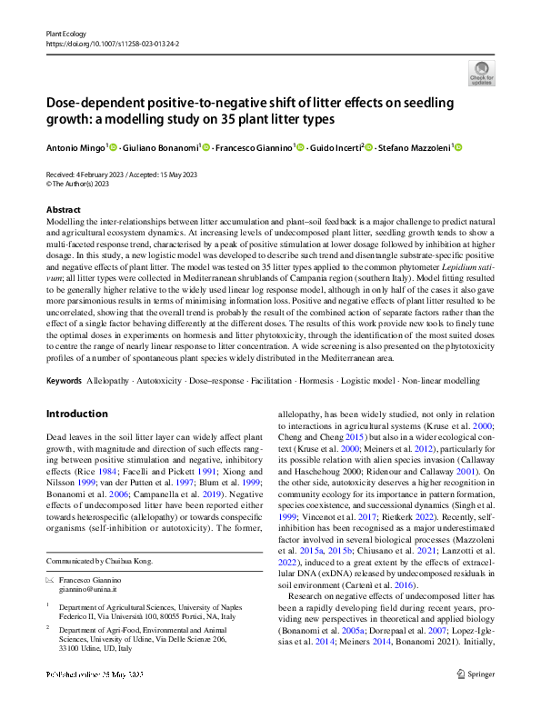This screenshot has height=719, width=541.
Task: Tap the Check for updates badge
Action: click(x=481, y=73)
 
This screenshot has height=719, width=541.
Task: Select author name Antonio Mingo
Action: click(x=75, y=146)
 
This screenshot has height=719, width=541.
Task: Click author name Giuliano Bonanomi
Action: click(x=158, y=146)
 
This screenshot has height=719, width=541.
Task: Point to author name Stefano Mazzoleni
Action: click(x=416, y=146)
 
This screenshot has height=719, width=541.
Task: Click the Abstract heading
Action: click(x=62, y=209)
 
